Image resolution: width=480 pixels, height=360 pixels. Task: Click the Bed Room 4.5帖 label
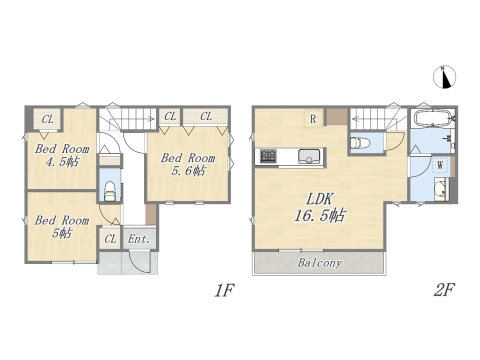59,157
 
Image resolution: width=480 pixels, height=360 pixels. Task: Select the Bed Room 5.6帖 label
188,164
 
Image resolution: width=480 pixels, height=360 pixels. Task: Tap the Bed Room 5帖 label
58,226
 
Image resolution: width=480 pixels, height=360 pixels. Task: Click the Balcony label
319,263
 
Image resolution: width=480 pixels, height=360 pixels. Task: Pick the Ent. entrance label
138,239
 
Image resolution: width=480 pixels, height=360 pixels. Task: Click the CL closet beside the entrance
110,239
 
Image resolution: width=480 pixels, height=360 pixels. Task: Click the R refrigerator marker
313,120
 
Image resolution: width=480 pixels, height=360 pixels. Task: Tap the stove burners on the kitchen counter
269,156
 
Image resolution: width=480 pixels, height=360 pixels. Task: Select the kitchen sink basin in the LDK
308,156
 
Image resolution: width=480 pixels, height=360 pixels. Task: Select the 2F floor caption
443,291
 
